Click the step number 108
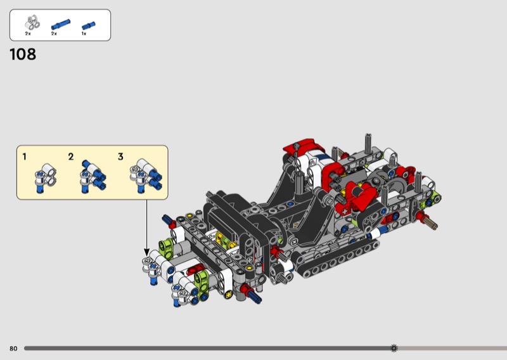23,55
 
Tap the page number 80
13,349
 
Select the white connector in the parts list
32,23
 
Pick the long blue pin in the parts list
60,24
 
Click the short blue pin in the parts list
88,25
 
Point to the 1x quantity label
84,34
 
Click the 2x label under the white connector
28,34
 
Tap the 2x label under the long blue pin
54,34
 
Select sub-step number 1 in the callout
24,157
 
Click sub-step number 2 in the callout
71,157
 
